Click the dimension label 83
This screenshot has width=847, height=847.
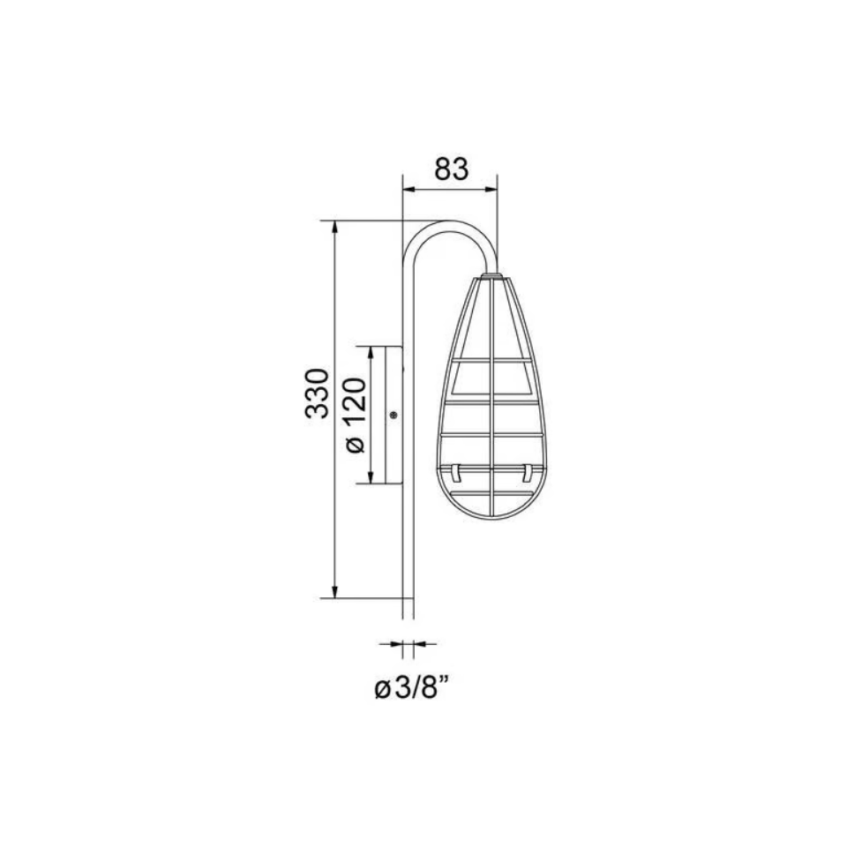tap(452, 169)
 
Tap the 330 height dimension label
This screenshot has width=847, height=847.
tap(317, 394)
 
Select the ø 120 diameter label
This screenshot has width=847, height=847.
tap(356, 416)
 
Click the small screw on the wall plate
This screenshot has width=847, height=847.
tap(394, 415)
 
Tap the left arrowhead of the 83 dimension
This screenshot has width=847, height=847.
tap(409, 189)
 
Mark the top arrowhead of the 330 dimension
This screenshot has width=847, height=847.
tap(335, 228)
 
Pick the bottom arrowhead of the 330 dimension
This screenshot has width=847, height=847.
tap(335, 591)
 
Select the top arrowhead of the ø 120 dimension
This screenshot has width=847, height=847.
tap(371, 353)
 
